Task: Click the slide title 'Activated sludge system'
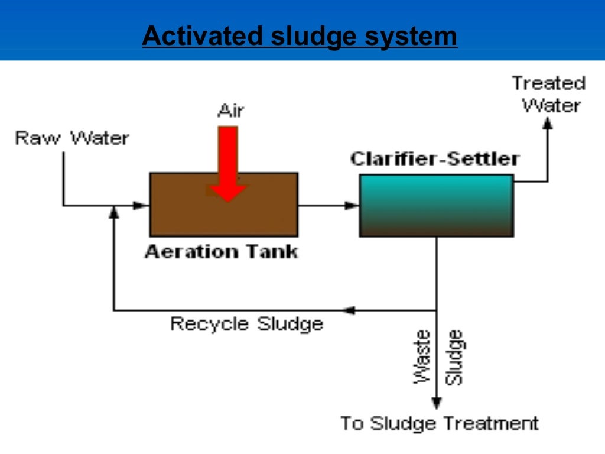(x=300, y=36)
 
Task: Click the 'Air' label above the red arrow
(x=230, y=111)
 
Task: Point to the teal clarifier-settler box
(x=436, y=206)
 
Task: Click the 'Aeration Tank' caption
(x=222, y=252)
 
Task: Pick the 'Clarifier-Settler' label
(x=435, y=159)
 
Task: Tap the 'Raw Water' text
(x=71, y=138)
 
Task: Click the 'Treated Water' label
(x=549, y=95)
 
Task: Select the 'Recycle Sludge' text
(x=246, y=324)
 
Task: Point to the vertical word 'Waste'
(x=422, y=357)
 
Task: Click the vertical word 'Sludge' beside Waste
(x=454, y=357)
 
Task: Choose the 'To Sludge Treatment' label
(x=439, y=423)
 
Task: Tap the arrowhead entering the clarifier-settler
(x=352, y=206)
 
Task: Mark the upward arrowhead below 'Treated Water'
(x=548, y=122)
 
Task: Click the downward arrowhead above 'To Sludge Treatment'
(x=437, y=403)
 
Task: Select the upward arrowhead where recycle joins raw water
(x=114, y=213)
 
